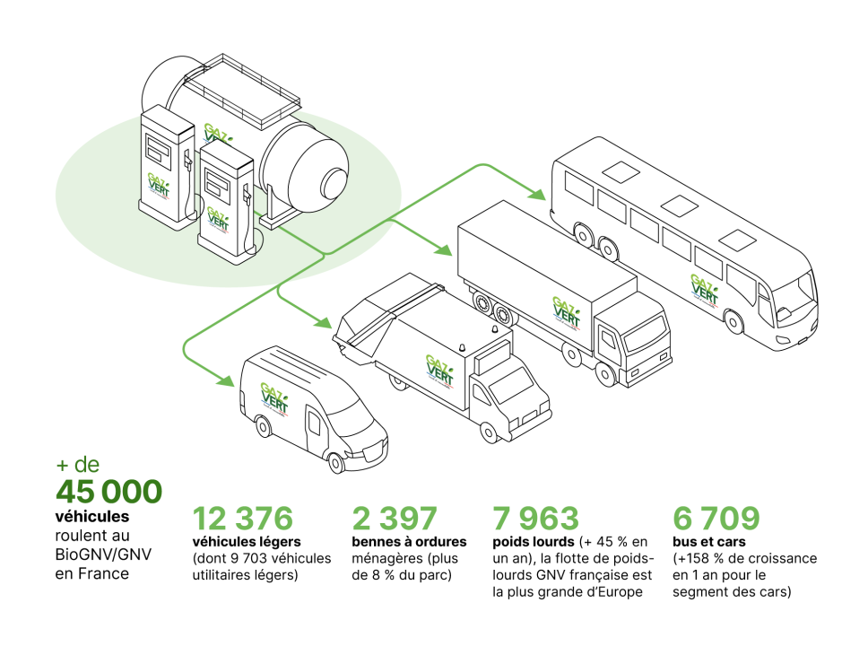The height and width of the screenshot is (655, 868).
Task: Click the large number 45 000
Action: [x=108, y=491]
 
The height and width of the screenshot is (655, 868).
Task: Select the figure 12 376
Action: [x=242, y=519]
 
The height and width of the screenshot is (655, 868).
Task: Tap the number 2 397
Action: [x=395, y=519]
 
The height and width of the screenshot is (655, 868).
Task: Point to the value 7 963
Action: [x=535, y=519]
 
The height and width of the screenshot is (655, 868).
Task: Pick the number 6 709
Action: [x=716, y=519]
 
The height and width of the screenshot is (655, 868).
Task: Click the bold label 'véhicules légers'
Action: [x=247, y=542]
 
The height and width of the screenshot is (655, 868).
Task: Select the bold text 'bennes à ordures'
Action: [x=409, y=542]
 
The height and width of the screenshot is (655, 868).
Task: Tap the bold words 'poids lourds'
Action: [x=533, y=542]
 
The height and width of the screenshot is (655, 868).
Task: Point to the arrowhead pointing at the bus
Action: [x=538, y=194]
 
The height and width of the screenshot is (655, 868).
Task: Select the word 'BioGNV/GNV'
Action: [x=98, y=554]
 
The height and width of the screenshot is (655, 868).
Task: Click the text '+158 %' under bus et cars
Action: [x=701, y=558]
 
